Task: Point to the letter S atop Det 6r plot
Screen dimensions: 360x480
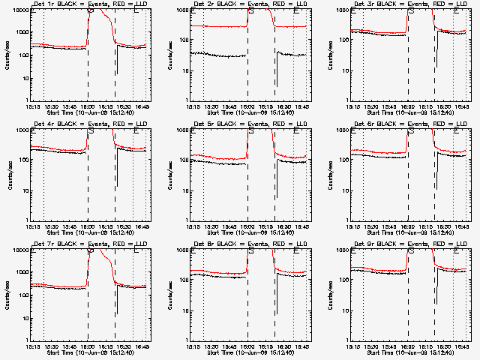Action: [x=411, y=131]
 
